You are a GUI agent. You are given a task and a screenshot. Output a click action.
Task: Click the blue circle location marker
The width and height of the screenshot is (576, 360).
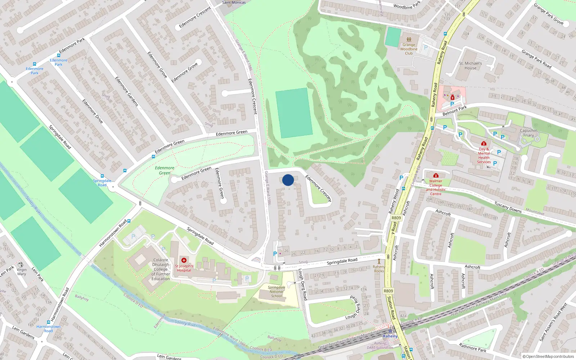(288, 180)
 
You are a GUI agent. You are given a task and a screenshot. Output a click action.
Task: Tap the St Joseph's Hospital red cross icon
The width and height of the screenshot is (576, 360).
(184, 260)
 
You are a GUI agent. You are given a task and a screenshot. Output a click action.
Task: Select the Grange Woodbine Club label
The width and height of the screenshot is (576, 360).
(409, 49)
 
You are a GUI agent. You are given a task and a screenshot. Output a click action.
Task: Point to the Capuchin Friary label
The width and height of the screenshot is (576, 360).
(528, 133)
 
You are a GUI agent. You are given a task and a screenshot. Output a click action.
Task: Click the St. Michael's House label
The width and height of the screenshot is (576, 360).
(470, 66)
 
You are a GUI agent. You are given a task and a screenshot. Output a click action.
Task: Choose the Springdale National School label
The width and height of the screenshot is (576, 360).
(276, 292)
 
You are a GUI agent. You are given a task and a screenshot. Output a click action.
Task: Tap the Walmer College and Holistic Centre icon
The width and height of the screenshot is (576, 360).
(436, 175)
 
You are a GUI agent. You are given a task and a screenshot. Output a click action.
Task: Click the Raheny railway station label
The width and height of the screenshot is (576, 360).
(390, 336)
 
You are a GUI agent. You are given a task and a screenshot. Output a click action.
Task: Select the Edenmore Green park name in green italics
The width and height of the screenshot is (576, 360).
(165, 170)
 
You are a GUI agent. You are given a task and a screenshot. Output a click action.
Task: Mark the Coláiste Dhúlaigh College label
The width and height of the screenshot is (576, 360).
(161, 269)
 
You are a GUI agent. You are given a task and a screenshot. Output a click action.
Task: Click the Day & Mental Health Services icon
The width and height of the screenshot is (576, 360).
(484, 143)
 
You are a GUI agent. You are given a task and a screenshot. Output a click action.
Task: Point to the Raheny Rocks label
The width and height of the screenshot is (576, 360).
(379, 269)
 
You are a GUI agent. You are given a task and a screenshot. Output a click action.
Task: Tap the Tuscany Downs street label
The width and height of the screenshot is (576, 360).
(508, 207)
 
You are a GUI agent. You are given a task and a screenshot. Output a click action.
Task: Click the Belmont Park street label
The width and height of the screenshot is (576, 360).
(454, 111)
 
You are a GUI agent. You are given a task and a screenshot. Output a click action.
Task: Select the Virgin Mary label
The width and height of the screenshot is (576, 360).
(22, 272)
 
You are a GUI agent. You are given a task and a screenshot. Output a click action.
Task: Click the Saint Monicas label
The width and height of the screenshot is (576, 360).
(234, 3)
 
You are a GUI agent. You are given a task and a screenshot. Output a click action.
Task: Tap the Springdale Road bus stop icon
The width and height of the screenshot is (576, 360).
(102, 176)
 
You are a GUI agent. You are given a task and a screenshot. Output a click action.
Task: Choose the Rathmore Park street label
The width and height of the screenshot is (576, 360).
(472, 347)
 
